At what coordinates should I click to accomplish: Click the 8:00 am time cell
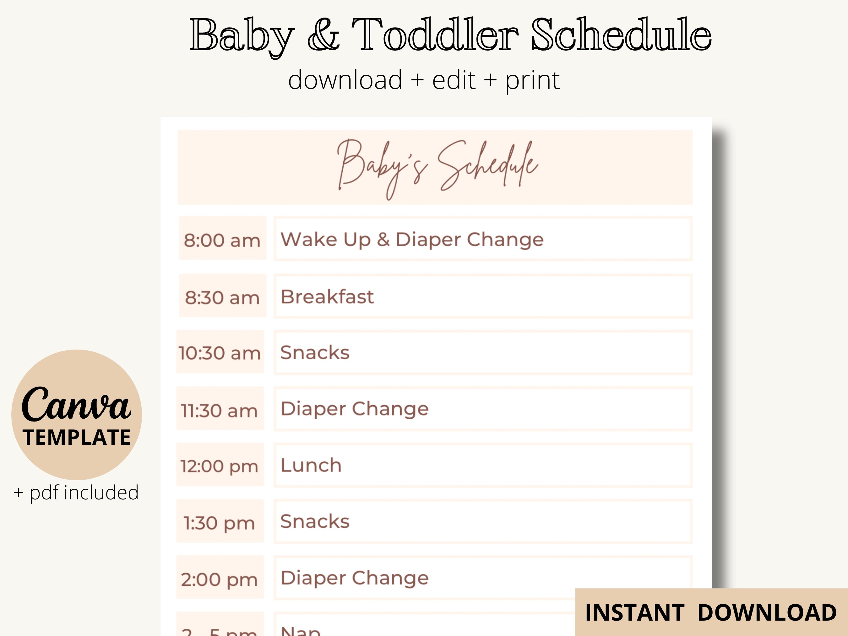222,240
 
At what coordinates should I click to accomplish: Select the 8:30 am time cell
222,297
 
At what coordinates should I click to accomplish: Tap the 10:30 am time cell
220,353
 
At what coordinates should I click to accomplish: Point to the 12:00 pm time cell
220,466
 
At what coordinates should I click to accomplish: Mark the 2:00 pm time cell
220,579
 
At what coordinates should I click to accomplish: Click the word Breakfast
327,297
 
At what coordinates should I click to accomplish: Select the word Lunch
311,465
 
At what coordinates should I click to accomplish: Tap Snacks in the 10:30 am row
315,353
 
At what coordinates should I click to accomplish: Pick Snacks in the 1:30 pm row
315,521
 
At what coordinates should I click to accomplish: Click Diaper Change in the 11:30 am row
355,409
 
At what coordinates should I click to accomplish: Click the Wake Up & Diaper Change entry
412,240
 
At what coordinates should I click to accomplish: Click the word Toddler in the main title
435,35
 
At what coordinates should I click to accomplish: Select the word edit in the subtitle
454,80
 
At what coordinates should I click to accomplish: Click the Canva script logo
76,405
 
